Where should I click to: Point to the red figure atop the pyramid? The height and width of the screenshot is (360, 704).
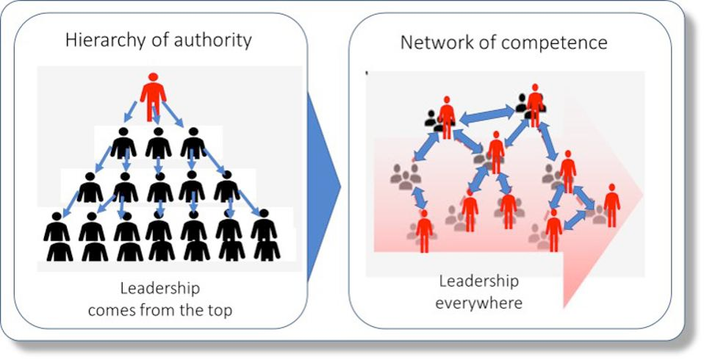point(154,93)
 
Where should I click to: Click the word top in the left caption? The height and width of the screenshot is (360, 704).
point(218,310)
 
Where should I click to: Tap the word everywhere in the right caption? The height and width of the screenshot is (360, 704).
point(478,303)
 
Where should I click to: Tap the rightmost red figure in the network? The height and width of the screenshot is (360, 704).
point(611,205)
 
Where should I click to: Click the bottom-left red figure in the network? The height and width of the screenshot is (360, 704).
point(424,231)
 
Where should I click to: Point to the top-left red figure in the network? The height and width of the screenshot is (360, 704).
point(446,116)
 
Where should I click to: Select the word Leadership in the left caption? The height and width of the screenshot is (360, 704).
point(159,289)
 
